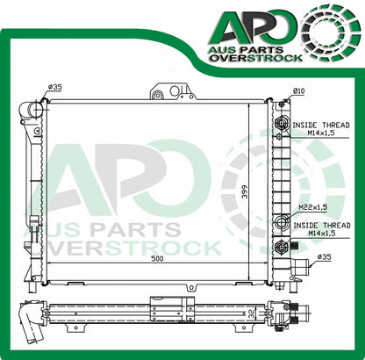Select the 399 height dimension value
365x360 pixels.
(x=259, y=191)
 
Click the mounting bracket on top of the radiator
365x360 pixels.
(x=170, y=91)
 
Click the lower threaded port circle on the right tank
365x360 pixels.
(x=281, y=222)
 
